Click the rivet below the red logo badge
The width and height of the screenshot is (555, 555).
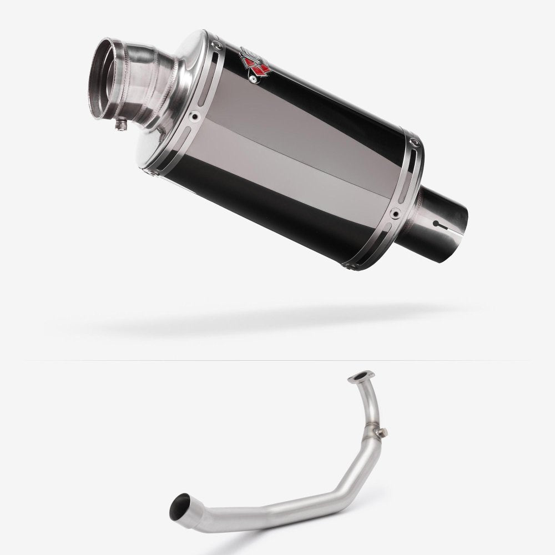[x=254, y=80]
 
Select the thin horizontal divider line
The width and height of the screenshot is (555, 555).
[x=277, y=360]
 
